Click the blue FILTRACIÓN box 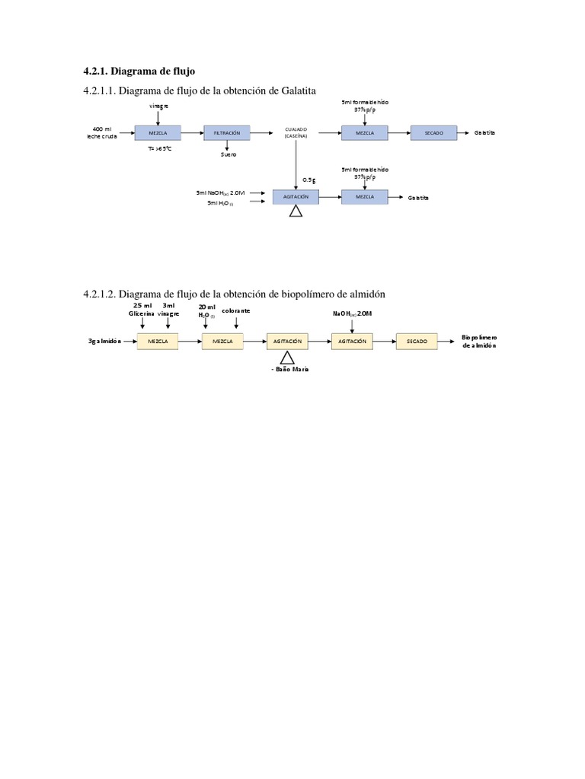[x=226, y=133]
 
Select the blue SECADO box [x=433, y=133]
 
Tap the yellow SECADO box [x=417, y=342]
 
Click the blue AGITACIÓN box [x=296, y=197]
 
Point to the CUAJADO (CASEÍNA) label [x=296, y=133]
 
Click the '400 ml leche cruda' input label [x=103, y=133]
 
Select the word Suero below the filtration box [x=229, y=154]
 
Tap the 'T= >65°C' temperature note [x=160, y=150]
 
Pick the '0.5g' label [x=308, y=180]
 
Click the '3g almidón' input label [x=104, y=342]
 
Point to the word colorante [x=236, y=311]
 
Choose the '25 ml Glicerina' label [x=142, y=310]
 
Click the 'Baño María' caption [x=290, y=369]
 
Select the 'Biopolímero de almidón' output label [x=479, y=341]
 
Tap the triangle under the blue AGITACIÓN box [x=296, y=211]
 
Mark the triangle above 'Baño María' [x=287, y=358]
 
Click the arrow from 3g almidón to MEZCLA [x=129, y=342]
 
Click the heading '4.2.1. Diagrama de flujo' [x=139, y=71]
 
